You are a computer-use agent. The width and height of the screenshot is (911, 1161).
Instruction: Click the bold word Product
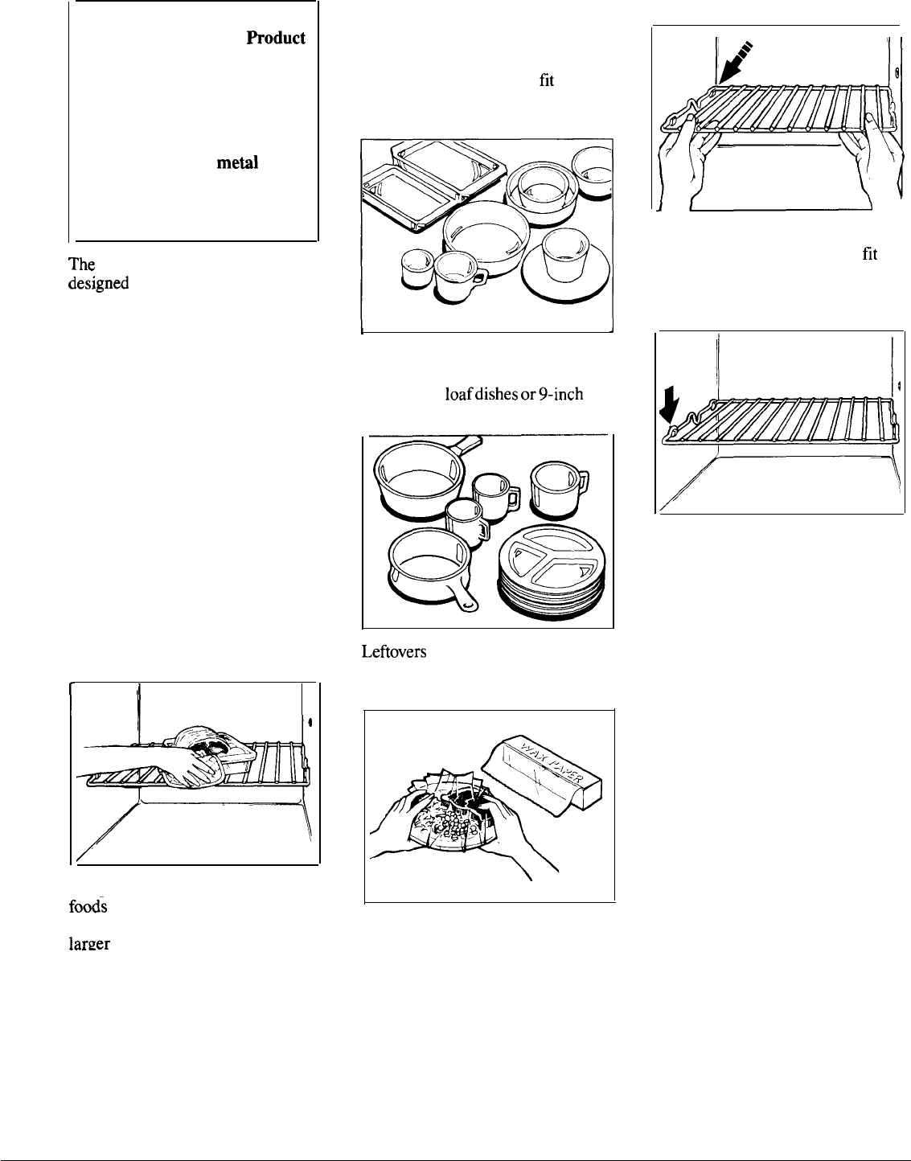coord(276,39)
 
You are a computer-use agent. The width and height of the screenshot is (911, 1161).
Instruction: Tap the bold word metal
coord(236,163)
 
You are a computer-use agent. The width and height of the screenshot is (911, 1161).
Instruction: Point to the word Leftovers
coord(394,652)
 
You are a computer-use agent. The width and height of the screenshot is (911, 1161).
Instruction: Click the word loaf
coord(457,395)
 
